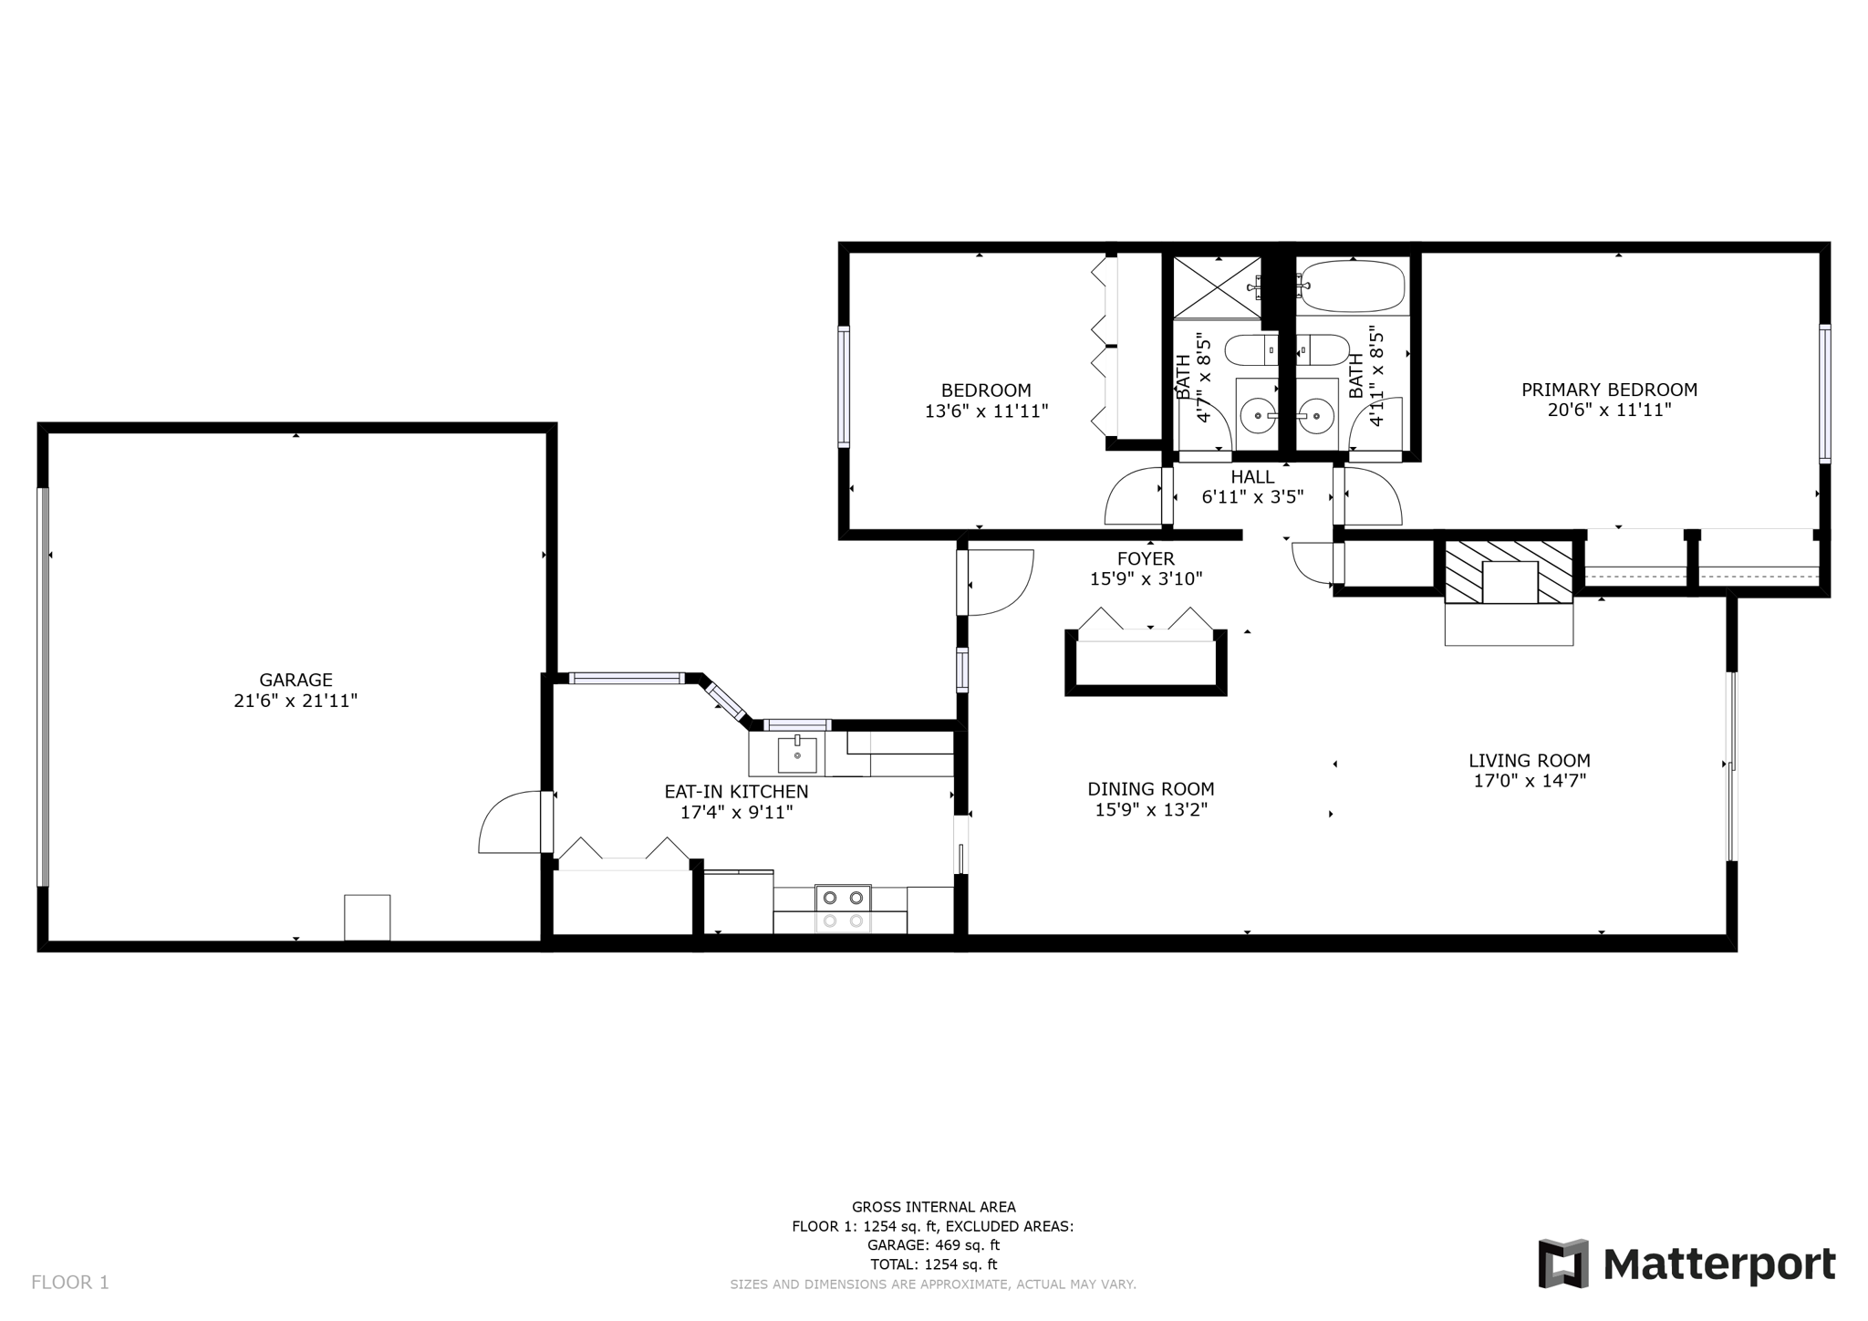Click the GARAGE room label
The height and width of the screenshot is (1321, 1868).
pyautogui.click(x=296, y=680)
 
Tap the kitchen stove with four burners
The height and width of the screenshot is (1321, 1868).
pyautogui.click(x=843, y=909)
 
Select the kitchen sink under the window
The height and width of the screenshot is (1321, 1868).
pyautogui.click(x=797, y=754)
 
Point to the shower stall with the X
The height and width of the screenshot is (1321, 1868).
pyautogui.click(x=1216, y=286)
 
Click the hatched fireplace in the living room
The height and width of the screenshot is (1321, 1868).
pyautogui.click(x=1510, y=571)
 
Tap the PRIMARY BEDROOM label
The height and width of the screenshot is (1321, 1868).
pyautogui.click(x=1609, y=390)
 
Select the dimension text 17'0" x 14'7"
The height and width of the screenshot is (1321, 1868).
pyautogui.click(x=1530, y=781)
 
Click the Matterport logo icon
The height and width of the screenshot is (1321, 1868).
pyautogui.click(x=1563, y=1264)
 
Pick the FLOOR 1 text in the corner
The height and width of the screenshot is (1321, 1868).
pyautogui.click(x=70, y=1283)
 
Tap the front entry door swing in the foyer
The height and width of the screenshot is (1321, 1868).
pyautogui.click(x=999, y=582)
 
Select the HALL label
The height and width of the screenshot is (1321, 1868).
pyautogui.click(x=1252, y=476)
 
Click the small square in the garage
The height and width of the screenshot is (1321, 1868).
pyautogui.click(x=368, y=917)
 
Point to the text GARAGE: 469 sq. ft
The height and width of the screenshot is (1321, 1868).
pyautogui.click(x=933, y=1245)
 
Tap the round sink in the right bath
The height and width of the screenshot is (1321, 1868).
pyautogui.click(x=1316, y=416)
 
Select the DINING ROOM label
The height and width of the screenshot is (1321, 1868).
pyautogui.click(x=1150, y=789)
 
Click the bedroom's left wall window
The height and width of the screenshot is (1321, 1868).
pyautogui.click(x=844, y=387)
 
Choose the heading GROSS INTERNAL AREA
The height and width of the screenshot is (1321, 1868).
pyautogui.click(x=933, y=1207)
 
